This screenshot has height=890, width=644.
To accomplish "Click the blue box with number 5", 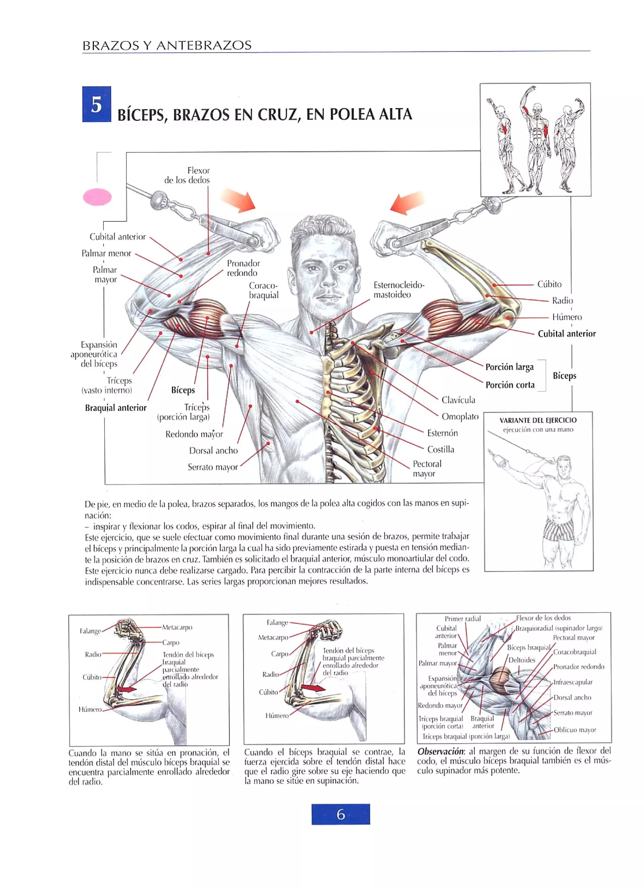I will (97, 104).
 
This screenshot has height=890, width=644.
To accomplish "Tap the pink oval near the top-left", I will (97, 197).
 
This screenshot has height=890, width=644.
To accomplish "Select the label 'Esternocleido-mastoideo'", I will (398, 290).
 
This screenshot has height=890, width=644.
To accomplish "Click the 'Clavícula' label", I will (458, 400).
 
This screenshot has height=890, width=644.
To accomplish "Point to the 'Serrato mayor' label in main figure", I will (213, 467).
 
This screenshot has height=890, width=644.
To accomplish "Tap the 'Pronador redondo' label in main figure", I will (243, 268).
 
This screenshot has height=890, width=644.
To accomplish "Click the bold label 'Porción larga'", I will (509, 367).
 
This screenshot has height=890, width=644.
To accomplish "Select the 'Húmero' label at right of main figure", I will (567, 317).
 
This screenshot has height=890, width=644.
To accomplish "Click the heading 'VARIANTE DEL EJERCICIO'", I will (538, 420).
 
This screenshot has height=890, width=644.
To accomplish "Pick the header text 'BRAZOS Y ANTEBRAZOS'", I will (167, 46).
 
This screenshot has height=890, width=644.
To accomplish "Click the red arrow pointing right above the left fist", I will (238, 200).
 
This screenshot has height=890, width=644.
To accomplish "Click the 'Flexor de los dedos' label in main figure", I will (187, 175).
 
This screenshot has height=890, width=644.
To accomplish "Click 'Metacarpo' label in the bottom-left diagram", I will (177, 627).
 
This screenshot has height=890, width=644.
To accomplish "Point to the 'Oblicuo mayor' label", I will (575, 730).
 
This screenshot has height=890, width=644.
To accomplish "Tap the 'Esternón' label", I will (442, 433).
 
